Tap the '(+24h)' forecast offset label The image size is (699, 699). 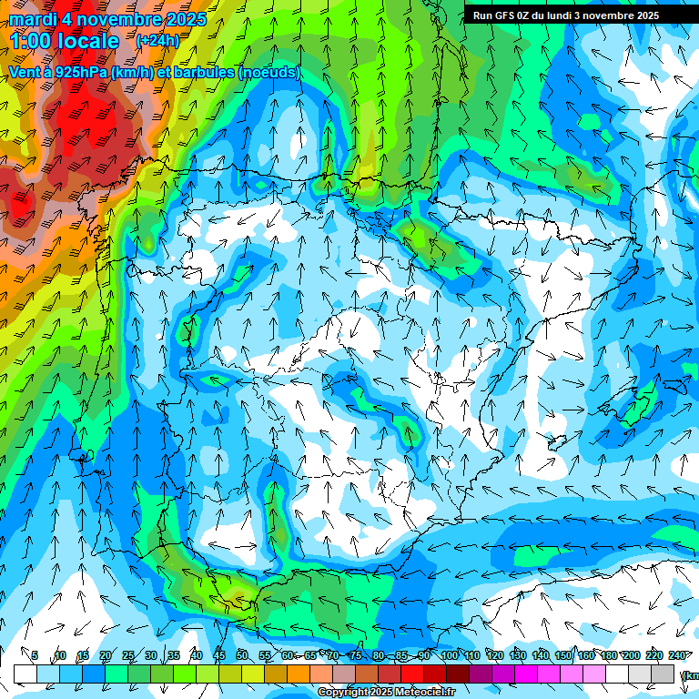click(157, 41)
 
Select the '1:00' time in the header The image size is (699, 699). click(29, 42)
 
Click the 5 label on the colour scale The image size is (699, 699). click(35, 655)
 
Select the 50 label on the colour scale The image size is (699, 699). click(242, 655)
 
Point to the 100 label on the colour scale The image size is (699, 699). click(449, 655)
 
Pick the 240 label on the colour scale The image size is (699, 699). click(677, 655)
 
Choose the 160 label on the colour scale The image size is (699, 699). click(586, 655)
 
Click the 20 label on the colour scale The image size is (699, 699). click(106, 655)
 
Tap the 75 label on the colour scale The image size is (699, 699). click(356, 655)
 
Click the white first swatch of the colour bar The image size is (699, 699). click(25, 673)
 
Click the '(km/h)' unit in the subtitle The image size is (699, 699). click(134, 72)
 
